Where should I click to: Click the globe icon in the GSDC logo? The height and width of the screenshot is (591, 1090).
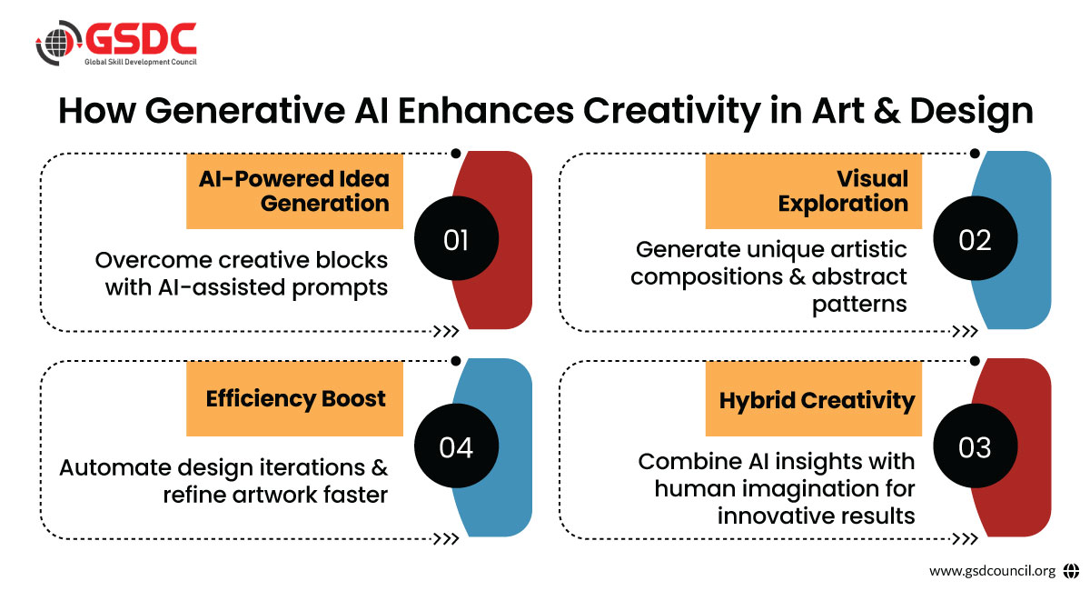click(x=58, y=43)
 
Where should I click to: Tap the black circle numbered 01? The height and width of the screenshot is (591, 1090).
click(x=456, y=238)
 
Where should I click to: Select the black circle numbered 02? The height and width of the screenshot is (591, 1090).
click(x=976, y=238)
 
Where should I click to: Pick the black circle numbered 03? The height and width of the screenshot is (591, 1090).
click(x=976, y=446)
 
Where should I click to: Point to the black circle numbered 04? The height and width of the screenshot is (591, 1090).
click(x=456, y=446)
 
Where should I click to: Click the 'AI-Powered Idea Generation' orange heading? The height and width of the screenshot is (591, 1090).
click(x=294, y=191)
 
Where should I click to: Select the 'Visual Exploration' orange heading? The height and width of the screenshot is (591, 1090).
click(x=814, y=191)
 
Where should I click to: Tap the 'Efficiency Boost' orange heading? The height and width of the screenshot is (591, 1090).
click(x=294, y=398)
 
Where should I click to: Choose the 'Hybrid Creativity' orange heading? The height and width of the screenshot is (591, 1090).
click(x=814, y=398)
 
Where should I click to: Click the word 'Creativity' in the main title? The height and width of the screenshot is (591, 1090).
click(x=671, y=112)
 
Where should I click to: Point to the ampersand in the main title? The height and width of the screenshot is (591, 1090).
click(x=887, y=111)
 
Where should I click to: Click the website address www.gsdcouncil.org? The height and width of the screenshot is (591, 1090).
click(x=992, y=570)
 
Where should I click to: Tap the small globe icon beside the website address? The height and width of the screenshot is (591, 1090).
click(x=1071, y=570)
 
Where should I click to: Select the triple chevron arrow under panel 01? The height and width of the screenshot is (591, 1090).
click(x=446, y=331)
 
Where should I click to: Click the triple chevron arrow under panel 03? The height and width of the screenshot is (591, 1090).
click(x=965, y=539)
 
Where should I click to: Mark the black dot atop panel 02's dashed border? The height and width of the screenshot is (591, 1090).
click(x=975, y=154)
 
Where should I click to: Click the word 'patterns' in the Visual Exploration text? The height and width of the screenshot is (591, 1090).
click(x=859, y=305)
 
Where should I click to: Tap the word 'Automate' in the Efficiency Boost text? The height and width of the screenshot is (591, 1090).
click(x=114, y=467)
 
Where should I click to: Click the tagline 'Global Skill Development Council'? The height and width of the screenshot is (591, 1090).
click(x=141, y=62)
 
